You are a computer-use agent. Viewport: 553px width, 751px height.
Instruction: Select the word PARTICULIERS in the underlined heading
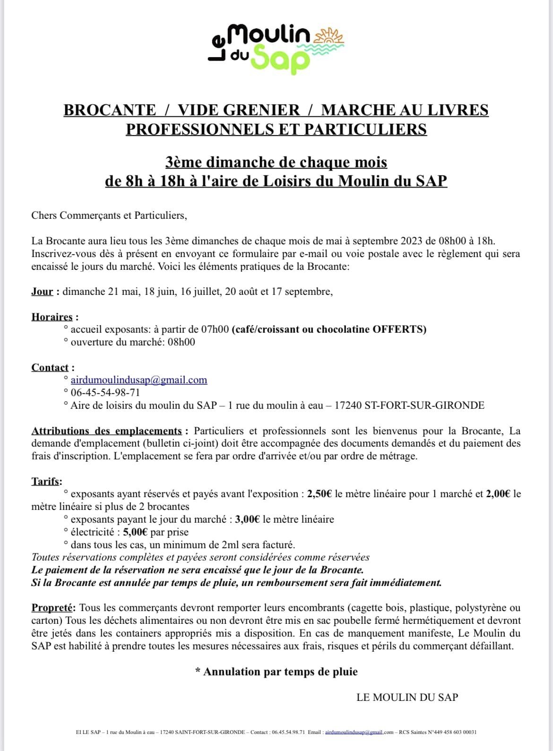point(365,129)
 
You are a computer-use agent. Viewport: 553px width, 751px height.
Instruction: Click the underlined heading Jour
point(42,292)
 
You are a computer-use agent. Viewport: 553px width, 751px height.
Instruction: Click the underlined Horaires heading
point(52,317)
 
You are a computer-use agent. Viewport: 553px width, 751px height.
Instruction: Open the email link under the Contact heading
point(138,380)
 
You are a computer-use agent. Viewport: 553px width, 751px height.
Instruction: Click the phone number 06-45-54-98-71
point(105,393)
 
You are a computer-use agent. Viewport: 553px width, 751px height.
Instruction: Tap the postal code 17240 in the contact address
point(348,406)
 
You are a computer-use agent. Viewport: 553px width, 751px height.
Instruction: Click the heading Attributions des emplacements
point(106,431)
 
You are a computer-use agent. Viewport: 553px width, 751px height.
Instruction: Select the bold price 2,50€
point(320,494)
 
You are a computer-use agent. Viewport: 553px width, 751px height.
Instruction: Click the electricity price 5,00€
point(135,532)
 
